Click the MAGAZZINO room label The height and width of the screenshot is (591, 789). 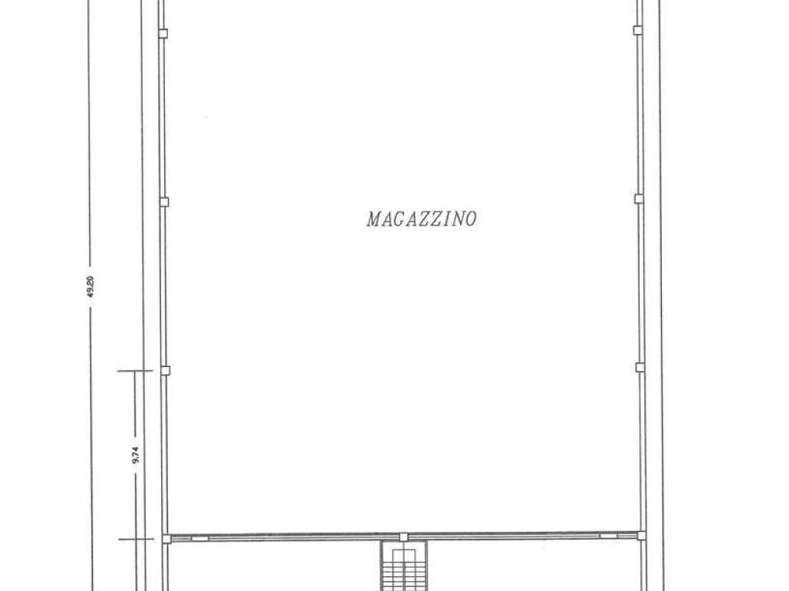click(x=421, y=219)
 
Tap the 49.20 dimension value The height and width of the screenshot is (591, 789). click(x=91, y=287)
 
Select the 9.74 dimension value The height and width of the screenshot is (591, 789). click(x=136, y=456)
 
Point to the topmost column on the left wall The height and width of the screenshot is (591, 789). click(x=163, y=34)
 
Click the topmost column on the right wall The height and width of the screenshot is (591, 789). click(x=637, y=30)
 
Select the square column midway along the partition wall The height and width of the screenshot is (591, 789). click(x=403, y=537)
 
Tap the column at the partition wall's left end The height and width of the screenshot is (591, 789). click(x=166, y=539)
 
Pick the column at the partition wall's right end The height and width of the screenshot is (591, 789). click(x=641, y=536)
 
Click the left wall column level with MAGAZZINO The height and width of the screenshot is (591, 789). click(x=164, y=202)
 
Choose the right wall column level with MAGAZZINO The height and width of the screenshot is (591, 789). click(x=639, y=199)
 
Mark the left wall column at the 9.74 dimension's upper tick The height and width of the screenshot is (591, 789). click(x=165, y=370)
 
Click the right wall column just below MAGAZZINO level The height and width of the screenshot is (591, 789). click(x=640, y=367)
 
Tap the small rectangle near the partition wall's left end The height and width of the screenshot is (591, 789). click(x=200, y=539)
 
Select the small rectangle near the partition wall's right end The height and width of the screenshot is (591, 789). click(x=607, y=536)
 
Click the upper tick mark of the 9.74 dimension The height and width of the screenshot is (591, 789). click(x=135, y=371)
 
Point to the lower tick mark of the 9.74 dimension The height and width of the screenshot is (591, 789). click(x=136, y=539)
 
